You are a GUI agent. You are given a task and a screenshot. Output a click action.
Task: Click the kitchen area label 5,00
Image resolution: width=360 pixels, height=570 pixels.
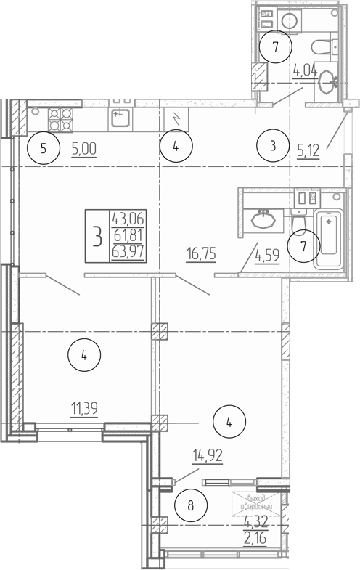coord(83,150)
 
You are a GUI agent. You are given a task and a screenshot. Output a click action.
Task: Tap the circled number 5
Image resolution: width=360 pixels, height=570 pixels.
coord(44,150)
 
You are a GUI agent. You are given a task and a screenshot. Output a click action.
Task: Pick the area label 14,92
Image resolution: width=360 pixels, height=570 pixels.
coord(207,457)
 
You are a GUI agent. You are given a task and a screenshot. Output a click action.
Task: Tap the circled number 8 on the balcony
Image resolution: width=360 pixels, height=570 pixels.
coord(191,505)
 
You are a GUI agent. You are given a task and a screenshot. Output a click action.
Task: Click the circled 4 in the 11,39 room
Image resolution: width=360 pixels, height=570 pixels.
coord(84,355)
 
